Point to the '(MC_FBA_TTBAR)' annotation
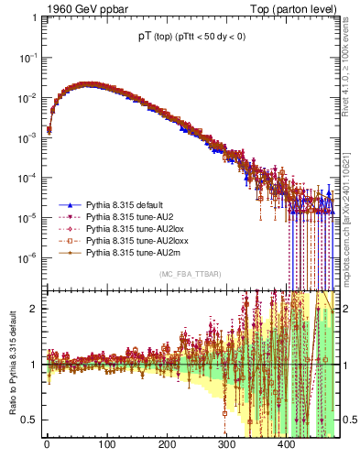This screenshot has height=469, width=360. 190,275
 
